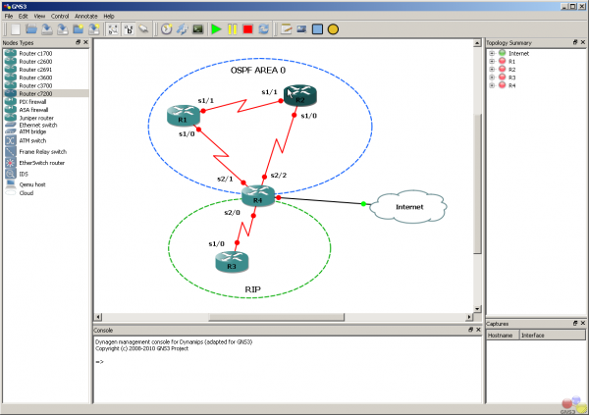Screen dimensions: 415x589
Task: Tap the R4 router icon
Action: [x=258, y=197]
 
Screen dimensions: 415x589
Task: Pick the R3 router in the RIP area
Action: [x=231, y=261]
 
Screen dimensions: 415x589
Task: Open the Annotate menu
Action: [x=85, y=17]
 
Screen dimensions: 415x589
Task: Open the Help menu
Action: [x=109, y=17]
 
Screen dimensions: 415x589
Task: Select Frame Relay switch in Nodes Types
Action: [x=42, y=152]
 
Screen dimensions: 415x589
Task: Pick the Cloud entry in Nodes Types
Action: [x=27, y=193]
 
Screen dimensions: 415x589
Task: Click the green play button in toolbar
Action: [x=216, y=29]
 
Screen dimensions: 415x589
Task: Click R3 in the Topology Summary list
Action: [x=512, y=78]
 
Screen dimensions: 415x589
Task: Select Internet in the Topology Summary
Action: [x=519, y=53]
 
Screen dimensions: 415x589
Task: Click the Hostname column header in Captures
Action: [x=503, y=335]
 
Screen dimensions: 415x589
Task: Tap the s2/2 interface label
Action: [x=278, y=175]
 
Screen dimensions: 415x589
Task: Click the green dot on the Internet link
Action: [x=363, y=203]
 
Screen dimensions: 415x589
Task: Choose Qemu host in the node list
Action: [x=32, y=183]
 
